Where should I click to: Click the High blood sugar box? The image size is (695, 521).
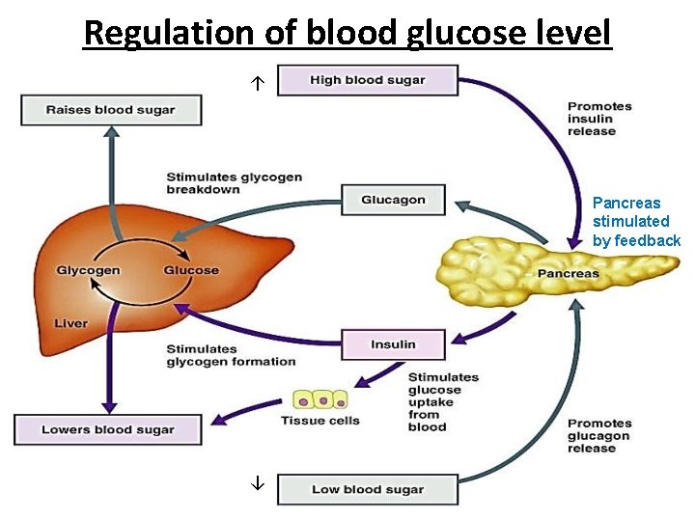tap(367, 80)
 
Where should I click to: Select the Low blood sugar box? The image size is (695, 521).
tap(367, 490)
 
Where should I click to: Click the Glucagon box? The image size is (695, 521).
tap(393, 200)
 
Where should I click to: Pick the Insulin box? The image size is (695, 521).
tap(393, 344)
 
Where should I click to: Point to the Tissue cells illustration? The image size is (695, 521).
tap(320, 399)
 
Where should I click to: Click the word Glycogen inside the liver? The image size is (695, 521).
tap(88, 270)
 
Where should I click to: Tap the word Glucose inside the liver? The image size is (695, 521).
tap(191, 270)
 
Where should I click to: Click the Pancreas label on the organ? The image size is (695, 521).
tap(568, 274)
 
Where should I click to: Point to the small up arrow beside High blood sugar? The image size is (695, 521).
tap(258, 85)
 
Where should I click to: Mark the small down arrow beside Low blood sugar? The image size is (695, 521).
tap(258, 482)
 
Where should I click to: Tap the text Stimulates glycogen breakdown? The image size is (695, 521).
tap(234, 183)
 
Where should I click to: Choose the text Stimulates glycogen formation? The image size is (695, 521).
tap(231, 355)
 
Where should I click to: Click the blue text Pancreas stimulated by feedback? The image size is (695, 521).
tap(636, 222)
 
